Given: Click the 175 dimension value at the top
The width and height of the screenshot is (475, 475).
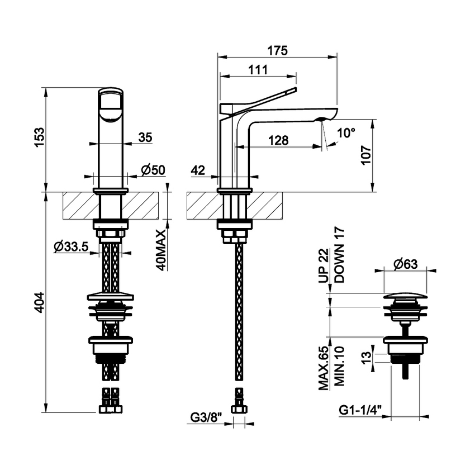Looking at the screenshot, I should pyautogui.click(x=277, y=50).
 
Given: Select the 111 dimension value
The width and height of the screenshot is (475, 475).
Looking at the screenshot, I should pyautogui.click(x=256, y=70).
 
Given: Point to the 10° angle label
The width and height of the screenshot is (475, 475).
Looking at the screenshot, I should pyautogui.click(x=346, y=133).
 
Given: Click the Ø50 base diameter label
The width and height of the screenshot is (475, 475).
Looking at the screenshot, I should pyautogui.click(x=153, y=170).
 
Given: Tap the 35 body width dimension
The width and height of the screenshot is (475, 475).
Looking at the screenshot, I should pyautogui.click(x=145, y=137).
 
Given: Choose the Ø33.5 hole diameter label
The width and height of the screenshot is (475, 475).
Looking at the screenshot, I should pyautogui.click(x=72, y=248).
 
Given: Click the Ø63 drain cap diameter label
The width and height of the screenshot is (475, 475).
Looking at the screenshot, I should pyautogui.click(x=406, y=265).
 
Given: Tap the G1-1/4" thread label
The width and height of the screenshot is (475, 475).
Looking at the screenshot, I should pyautogui.click(x=360, y=410).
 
